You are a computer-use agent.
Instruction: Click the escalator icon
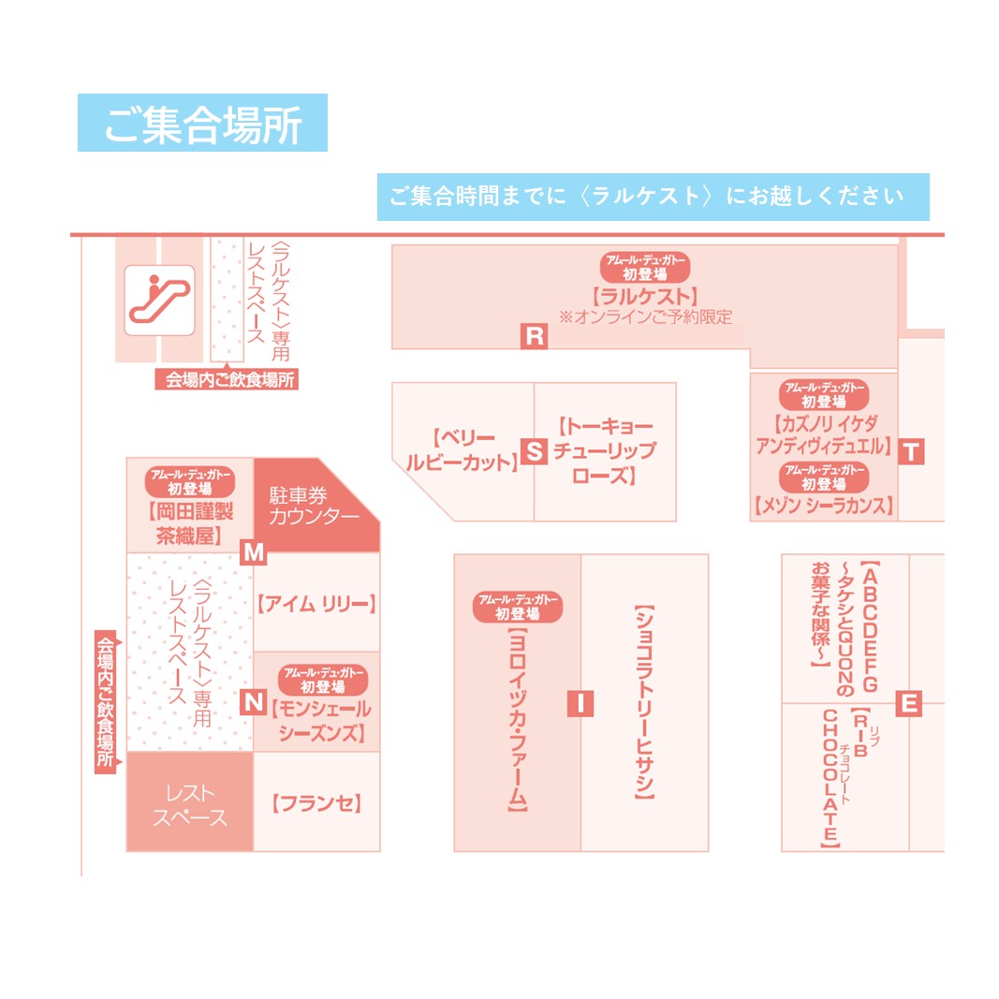tap(159, 301)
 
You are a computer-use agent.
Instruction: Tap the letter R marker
tap(534, 336)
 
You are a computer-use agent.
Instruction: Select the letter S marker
tap(534, 451)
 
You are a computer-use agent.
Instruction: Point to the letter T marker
tap(911, 451)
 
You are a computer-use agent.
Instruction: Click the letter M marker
tap(254, 551)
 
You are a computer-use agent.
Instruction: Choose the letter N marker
tap(254, 702)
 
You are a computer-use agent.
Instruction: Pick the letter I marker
tap(580, 704)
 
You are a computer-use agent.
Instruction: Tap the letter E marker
tap(909, 704)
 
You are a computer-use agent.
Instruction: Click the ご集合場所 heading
tap(202, 123)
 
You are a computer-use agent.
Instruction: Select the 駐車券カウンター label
tap(314, 506)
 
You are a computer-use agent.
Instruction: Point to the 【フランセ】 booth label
tap(316, 803)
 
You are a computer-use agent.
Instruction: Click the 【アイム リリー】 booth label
tap(316, 604)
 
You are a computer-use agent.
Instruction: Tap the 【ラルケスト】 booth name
tap(645, 296)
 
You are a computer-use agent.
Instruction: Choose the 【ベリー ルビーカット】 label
tap(463, 449)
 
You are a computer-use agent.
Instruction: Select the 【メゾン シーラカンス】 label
tap(824, 506)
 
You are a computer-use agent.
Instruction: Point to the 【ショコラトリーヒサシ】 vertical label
tap(644, 701)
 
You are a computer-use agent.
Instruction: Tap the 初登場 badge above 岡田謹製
tap(190, 482)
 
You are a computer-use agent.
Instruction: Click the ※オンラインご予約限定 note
tap(645, 317)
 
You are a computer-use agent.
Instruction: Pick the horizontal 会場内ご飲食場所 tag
tap(227, 380)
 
